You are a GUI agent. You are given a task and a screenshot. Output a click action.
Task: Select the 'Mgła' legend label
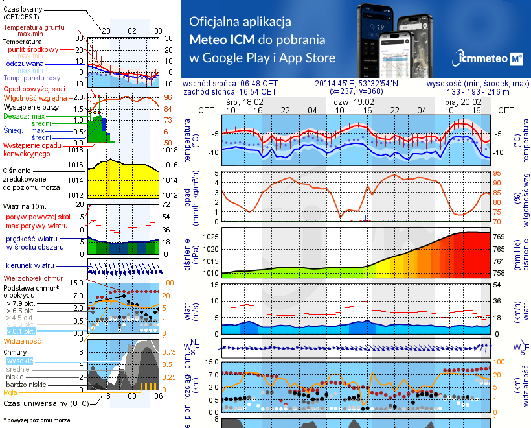10,392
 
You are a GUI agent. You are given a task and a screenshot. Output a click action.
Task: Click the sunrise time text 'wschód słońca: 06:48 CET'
230,84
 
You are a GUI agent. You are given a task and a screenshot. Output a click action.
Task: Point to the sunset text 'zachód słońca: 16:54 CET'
230,92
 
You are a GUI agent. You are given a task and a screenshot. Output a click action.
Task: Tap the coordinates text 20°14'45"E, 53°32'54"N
357,84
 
